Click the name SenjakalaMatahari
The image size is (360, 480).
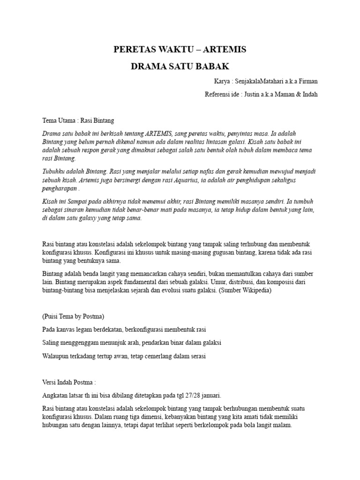(257, 82)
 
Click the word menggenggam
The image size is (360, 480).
(81, 342)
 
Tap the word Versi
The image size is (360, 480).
(49, 382)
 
